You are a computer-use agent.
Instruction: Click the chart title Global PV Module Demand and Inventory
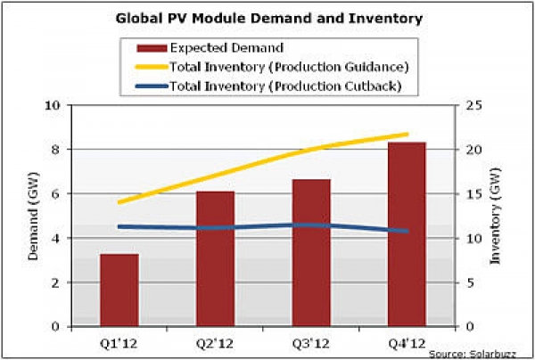[x=268, y=18]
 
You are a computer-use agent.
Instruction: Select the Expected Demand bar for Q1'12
[x=119, y=290]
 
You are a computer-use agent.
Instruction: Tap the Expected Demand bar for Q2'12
[x=215, y=258]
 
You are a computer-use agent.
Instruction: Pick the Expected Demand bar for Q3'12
[x=311, y=253]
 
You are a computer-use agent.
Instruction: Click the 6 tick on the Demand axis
[x=57, y=194]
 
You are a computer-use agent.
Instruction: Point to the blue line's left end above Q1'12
[x=119, y=226]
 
